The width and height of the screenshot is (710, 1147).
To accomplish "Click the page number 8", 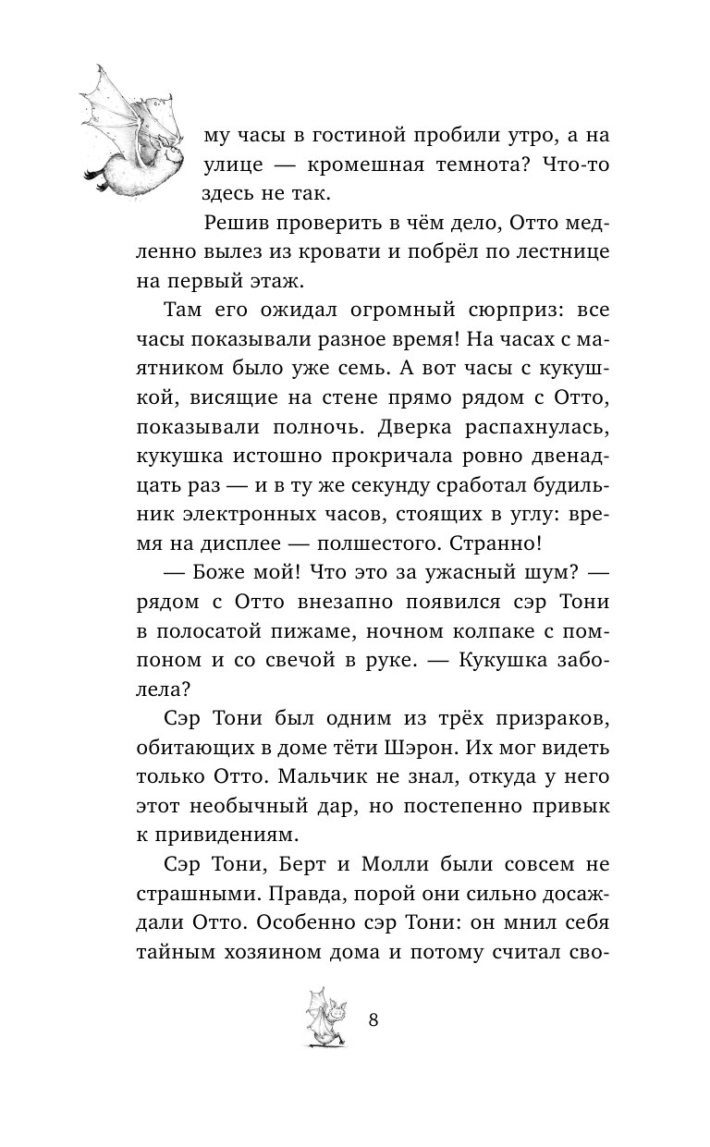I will click(x=373, y=1020).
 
